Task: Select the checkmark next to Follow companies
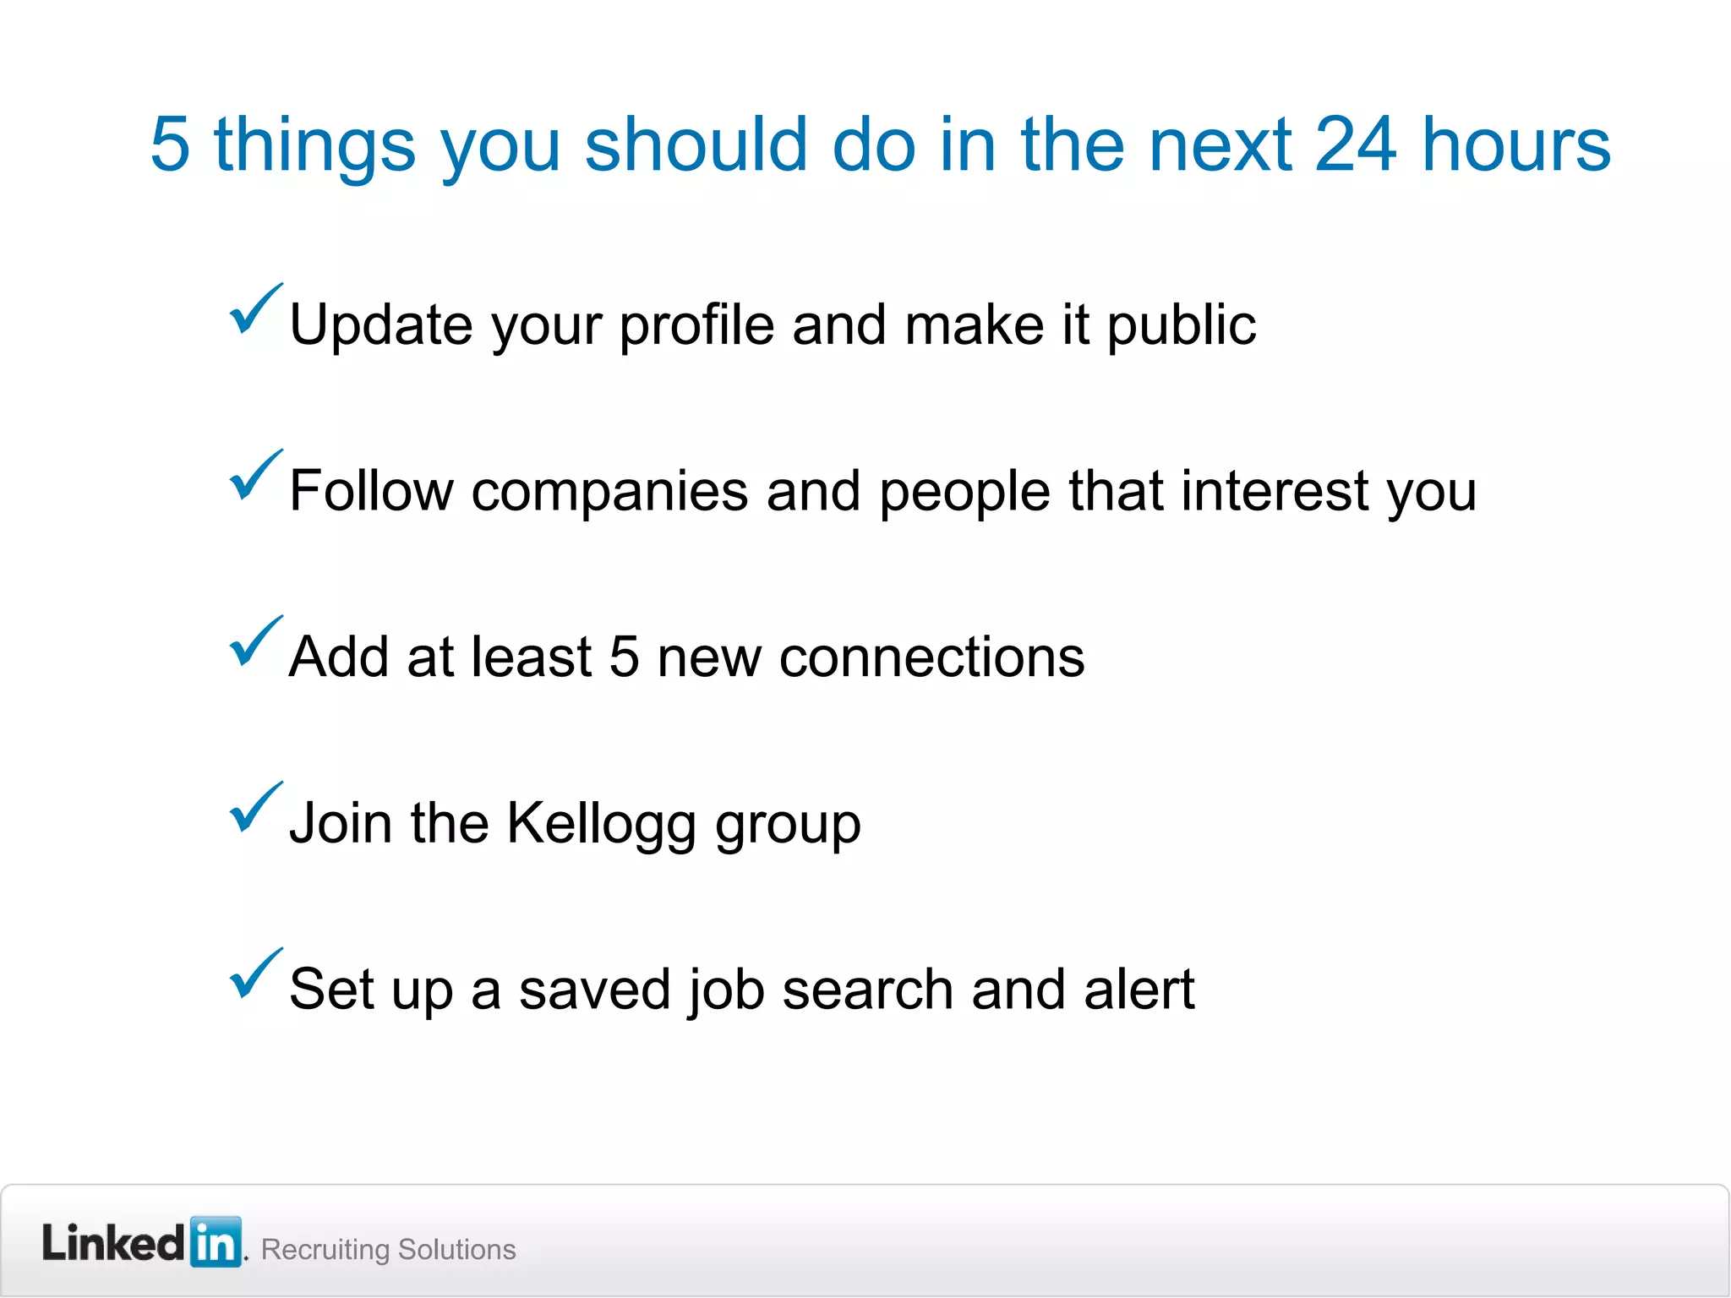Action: click(x=254, y=475)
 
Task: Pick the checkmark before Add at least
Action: click(x=254, y=641)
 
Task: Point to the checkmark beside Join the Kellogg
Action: click(x=254, y=808)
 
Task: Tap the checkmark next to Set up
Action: click(x=254, y=973)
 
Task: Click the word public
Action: click(x=1181, y=325)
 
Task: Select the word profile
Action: click(x=696, y=325)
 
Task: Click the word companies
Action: click(x=609, y=491)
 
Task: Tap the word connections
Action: click(x=931, y=657)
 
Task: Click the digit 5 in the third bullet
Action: click(x=624, y=657)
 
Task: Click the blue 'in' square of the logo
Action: click(x=216, y=1242)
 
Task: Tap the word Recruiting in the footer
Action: click(x=325, y=1249)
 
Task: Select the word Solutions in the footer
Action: click(x=456, y=1249)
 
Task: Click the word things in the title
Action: click(x=314, y=145)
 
